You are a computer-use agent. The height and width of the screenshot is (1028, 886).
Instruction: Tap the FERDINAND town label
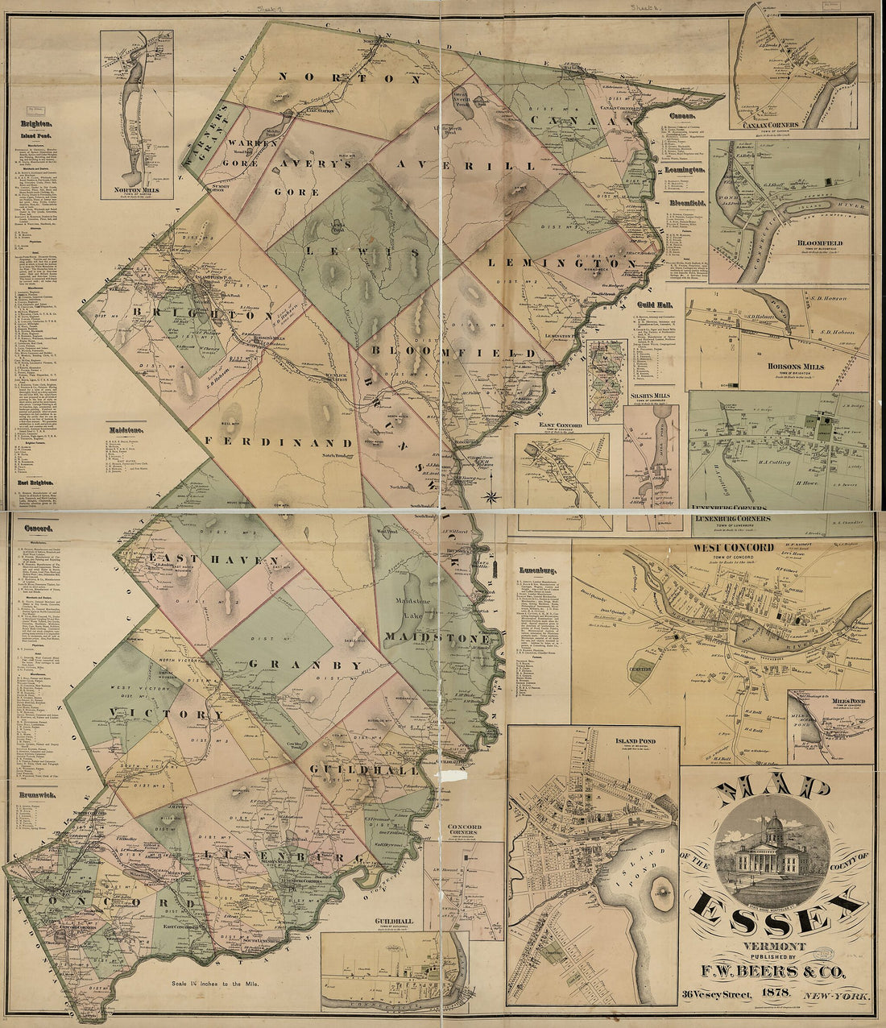(x=279, y=442)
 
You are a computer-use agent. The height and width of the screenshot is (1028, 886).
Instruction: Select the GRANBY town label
(x=306, y=665)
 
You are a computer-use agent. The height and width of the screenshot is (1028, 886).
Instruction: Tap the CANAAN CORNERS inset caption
(x=771, y=125)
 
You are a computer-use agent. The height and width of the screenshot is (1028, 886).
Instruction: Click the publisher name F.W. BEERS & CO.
(x=776, y=973)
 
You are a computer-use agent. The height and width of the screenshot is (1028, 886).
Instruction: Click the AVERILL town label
(x=465, y=165)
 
